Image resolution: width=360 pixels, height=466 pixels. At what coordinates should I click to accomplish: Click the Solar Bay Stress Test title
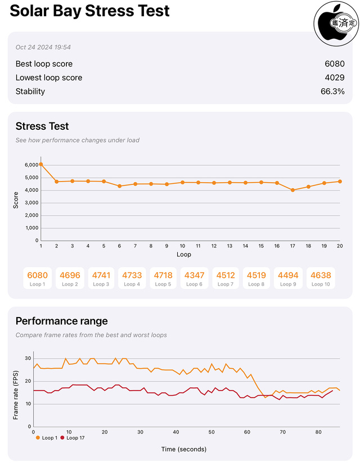point(90,11)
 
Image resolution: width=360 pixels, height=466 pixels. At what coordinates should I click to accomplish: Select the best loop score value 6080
point(334,64)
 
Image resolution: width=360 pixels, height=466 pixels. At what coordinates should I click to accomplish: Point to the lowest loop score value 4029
point(334,78)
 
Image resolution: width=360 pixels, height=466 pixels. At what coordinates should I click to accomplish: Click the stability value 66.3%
point(332,92)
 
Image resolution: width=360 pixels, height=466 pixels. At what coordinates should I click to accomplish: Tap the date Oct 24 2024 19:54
point(43,47)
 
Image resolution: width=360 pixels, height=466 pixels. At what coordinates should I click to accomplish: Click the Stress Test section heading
point(42,126)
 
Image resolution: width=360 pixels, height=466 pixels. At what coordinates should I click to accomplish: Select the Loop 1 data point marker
point(40,164)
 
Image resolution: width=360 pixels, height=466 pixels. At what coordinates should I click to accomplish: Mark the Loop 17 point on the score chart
point(292,190)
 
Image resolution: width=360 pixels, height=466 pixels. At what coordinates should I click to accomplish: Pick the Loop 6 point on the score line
point(119,186)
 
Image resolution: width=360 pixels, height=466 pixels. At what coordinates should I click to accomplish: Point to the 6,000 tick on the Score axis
point(31,165)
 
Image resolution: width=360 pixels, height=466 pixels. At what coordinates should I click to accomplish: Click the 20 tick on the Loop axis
point(340,246)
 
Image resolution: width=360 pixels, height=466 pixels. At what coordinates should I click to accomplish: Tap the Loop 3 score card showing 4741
point(101,278)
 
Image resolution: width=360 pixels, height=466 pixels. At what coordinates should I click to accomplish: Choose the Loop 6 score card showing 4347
point(194,278)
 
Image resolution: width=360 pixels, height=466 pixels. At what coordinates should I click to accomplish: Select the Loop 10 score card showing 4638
point(320,278)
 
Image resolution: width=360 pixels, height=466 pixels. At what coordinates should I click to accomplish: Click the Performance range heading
point(61,322)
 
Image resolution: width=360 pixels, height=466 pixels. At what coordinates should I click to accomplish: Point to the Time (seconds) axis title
point(183,449)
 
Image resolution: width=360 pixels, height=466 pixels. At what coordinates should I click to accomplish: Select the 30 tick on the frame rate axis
point(28,358)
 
